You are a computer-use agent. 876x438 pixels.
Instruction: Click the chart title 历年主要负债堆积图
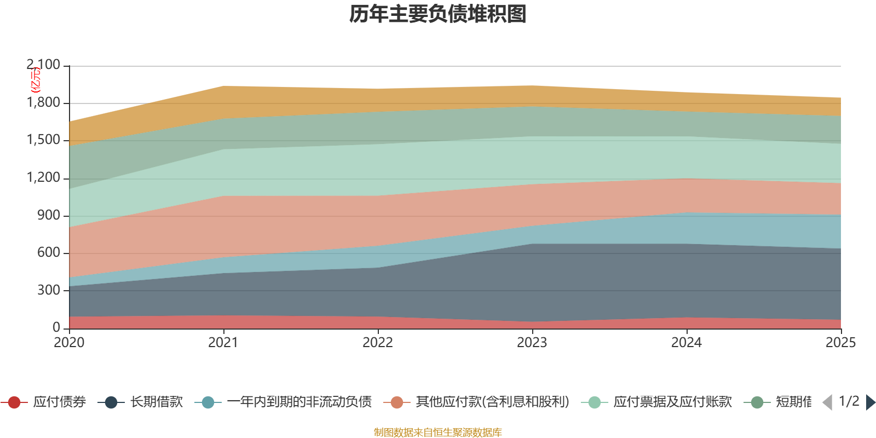(x=437, y=15)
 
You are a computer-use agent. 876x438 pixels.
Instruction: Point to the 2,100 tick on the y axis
(x=44, y=65)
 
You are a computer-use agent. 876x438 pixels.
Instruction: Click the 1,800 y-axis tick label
(x=44, y=103)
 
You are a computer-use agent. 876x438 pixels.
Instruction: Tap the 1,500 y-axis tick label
(x=44, y=140)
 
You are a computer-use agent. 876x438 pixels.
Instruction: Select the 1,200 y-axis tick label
(x=44, y=178)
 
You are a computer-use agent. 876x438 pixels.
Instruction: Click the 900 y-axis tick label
(x=49, y=215)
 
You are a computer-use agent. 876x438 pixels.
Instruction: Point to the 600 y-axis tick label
(x=49, y=253)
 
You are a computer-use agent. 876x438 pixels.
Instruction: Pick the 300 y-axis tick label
(x=49, y=290)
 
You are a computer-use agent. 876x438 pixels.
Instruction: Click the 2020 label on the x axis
(x=69, y=343)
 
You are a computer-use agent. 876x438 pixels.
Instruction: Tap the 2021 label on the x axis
(x=223, y=343)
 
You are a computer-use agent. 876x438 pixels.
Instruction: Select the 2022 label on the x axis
(x=378, y=343)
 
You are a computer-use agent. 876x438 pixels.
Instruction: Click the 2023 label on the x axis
(x=532, y=343)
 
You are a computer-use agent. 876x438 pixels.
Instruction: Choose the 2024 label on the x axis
(x=687, y=343)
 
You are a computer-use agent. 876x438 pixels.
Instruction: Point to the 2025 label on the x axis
(x=840, y=343)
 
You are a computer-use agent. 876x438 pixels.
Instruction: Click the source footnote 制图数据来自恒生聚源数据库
(x=437, y=433)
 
